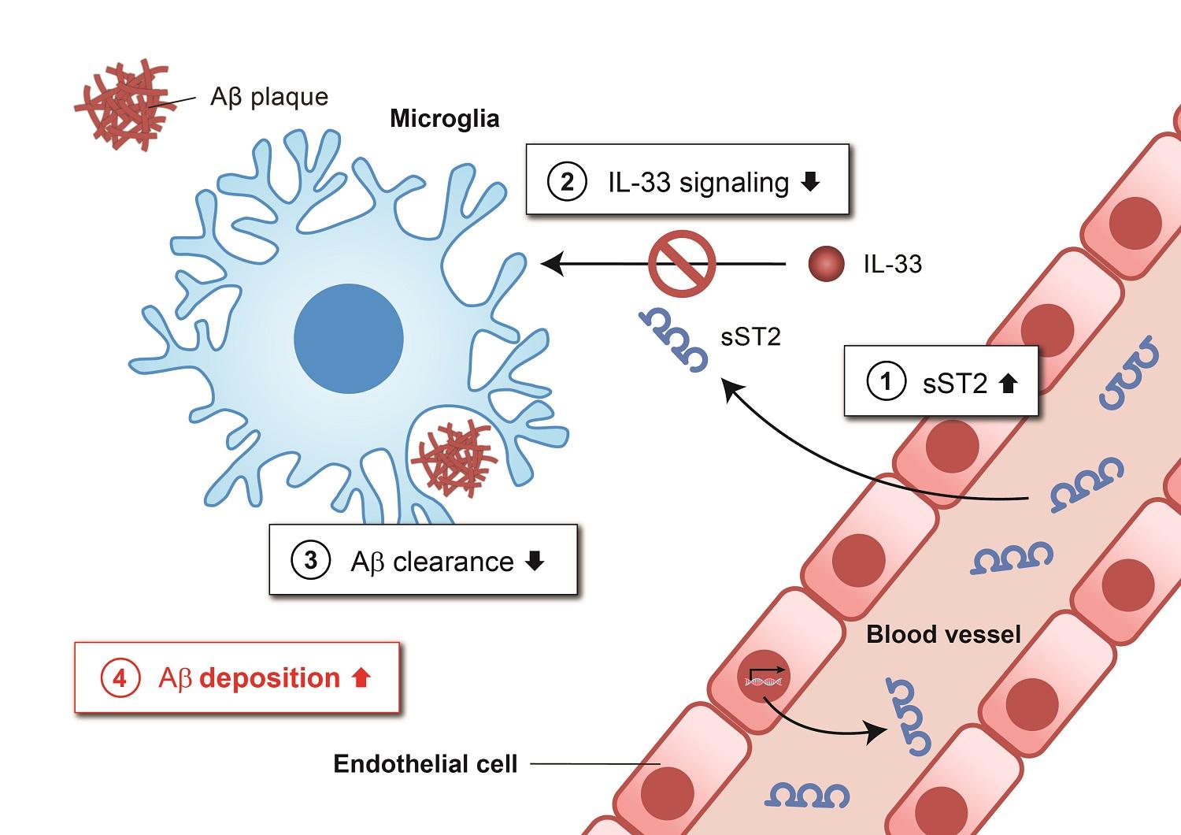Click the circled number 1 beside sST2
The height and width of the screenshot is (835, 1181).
(x=886, y=382)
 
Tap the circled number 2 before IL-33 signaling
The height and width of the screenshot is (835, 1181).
(x=566, y=182)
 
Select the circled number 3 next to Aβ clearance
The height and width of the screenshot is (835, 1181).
(x=310, y=561)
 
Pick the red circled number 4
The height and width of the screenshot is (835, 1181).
(x=120, y=677)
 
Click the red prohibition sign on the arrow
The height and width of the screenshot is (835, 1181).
(x=682, y=264)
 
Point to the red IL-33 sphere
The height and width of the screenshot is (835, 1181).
(x=826, y=264)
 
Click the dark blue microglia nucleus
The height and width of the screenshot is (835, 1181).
(x=349, y=338)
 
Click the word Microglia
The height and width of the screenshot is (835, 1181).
(x=444, y=119)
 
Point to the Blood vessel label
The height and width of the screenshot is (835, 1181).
(x=943, y=634)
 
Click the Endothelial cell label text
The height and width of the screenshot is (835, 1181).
(x=425, y=763)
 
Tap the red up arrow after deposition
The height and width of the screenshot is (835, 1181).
(x=361, y=677)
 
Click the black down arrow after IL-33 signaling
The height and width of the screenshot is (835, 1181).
(x=809, y=182)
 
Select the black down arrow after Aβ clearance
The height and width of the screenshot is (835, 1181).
(x=535, y=561)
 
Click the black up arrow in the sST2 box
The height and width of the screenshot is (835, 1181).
(x=1007, y=383)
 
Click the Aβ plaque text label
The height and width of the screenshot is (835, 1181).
(x=268, y=97)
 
